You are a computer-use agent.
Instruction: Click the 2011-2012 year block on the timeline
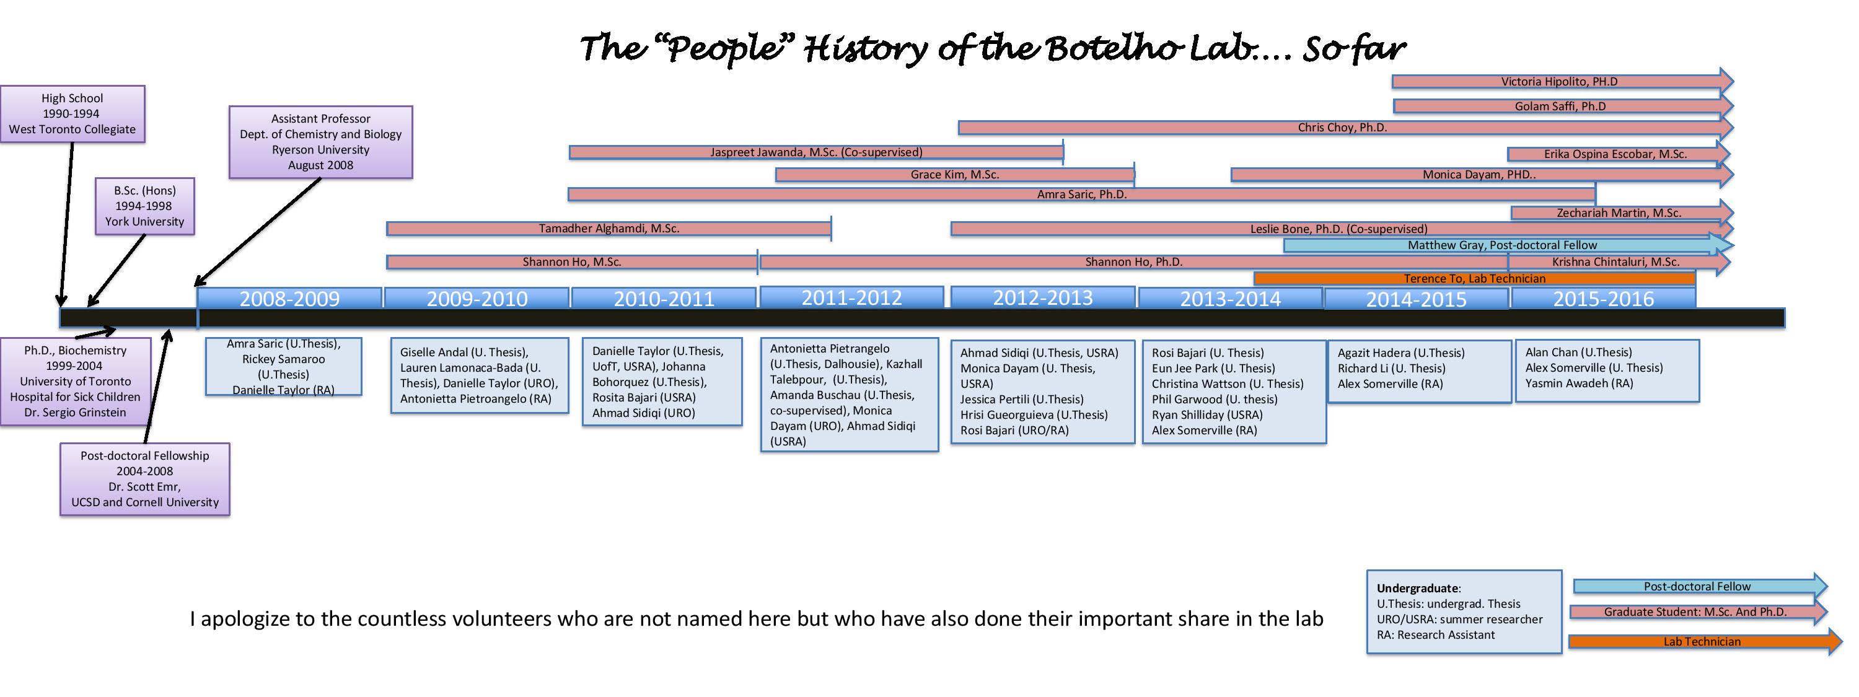pyautogui.click(x=851, y=297)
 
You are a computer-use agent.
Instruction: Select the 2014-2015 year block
pyautogui.click(x=1417, y=299)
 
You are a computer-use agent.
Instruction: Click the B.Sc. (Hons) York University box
pyautogui.click(x=144, y=206)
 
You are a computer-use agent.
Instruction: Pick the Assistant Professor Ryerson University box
pyautogui.click(x=320, y=142)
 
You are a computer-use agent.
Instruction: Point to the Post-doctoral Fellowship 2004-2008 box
pyautogui.click(x=144, y=479)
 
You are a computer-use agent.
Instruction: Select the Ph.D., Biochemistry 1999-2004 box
pyautogui.click(x=75, y=382)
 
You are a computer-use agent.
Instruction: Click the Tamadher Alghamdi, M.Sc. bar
pyautogui.click(x=609, y=229)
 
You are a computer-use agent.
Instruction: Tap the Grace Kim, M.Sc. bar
pyautogui.click(x=955, y=175)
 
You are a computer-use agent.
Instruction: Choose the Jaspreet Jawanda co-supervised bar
pyautogui.click(x=816, y=152)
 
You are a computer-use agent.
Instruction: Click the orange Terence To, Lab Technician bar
pyautogui.click(x=1474, y=279)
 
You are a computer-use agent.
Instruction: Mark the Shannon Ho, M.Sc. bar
pyautogui.click(x=571, y=262)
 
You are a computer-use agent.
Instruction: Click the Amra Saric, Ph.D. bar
pyautogui.click(x=1082, y=194)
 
